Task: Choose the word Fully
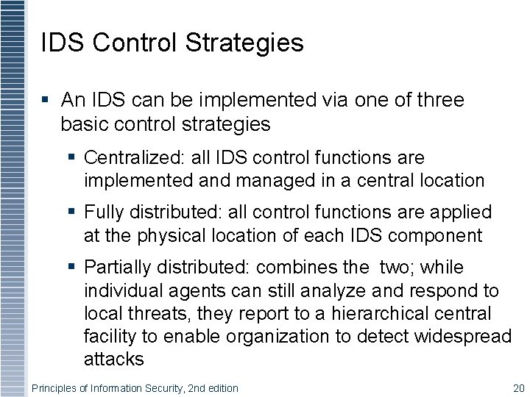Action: pyautogui.click(x=105, y=213)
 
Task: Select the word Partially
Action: pyautogui.click(x=116, y=268)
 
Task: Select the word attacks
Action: pyautogui.click(x=113, y=359)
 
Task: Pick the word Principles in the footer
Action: pyautogui.click(x=56, y=388)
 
